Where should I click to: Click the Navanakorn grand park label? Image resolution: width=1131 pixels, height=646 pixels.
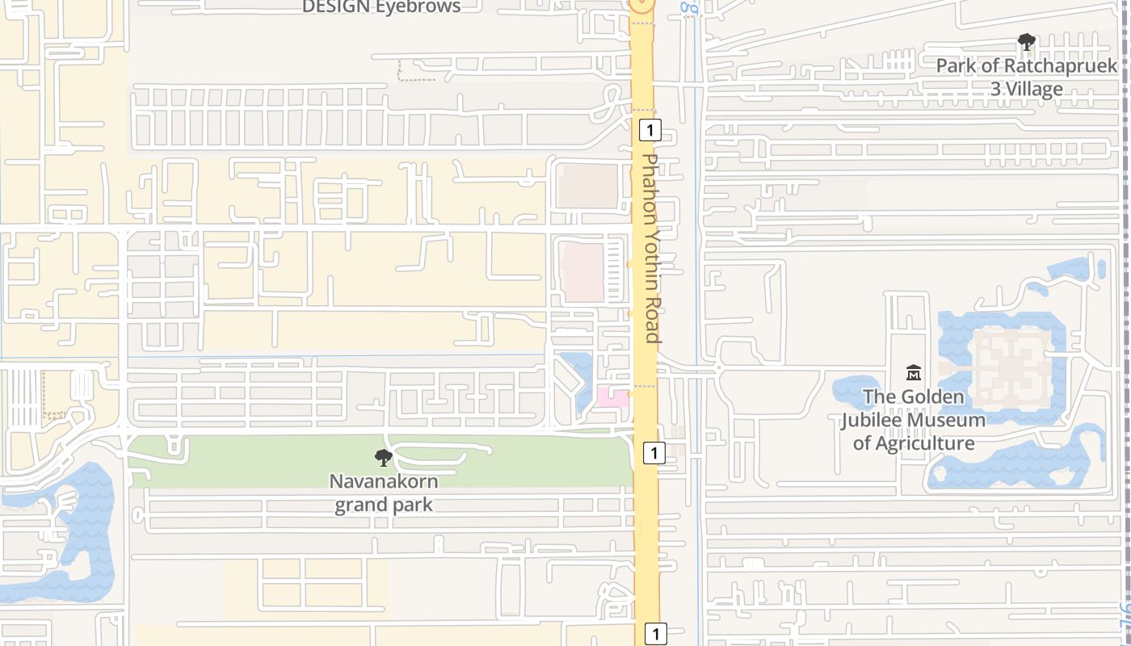pyautogui.click(x=384, y=493)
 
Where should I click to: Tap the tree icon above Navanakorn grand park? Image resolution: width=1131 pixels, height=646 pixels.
pyautogui.click(x=384, y=459)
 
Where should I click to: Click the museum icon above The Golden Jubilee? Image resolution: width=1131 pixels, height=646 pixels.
pyautogui.click(x=914, y=372)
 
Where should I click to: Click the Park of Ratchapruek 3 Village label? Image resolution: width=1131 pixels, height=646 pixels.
pyautogui.click(x=1026, y=77)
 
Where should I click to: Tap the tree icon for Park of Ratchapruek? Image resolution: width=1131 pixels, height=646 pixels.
pyautogui.click(x=1027, y=41)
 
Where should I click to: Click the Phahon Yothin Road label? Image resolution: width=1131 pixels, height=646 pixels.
pyautogui.click(x=651, y=248)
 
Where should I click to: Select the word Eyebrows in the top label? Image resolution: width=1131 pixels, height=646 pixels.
pyautogui.click(x=418, y=7)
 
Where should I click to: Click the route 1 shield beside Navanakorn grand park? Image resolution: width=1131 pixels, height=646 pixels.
pyautogui.click(x=654, y=453)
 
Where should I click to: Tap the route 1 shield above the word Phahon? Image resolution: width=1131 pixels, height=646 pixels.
pyautogui.click(x=650, y=129)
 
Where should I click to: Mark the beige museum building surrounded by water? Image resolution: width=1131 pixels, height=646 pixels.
pyautogui.click(x=1012, y=367)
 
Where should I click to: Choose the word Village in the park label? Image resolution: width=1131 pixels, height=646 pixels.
pyautogui.click(x=1027, y=89)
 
